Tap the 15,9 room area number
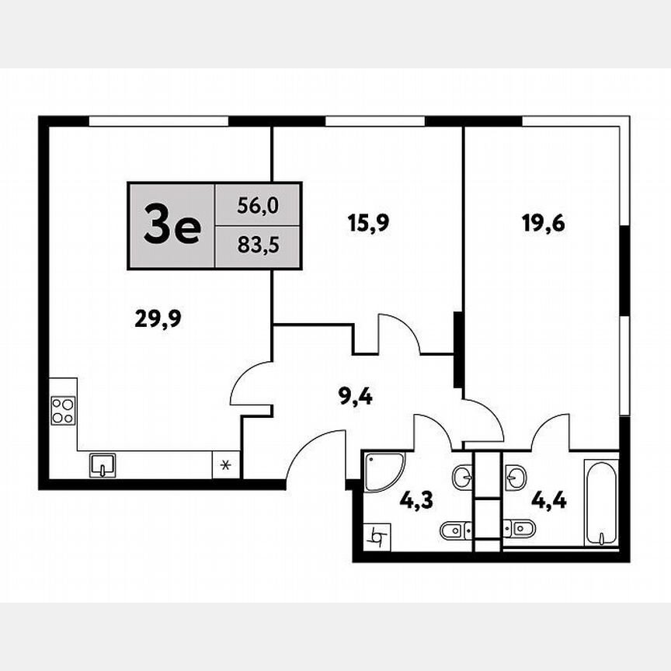(367, 224)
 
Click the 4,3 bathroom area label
(417, 499)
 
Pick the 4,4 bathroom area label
(548, 499)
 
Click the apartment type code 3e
(172, 227)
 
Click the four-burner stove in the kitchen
(62, 410)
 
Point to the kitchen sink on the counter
(103, 464)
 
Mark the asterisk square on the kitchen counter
(226, 466)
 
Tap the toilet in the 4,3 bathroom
(453, 531)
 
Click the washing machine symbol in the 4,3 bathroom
(378, 536)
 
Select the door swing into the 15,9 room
(398, 335)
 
